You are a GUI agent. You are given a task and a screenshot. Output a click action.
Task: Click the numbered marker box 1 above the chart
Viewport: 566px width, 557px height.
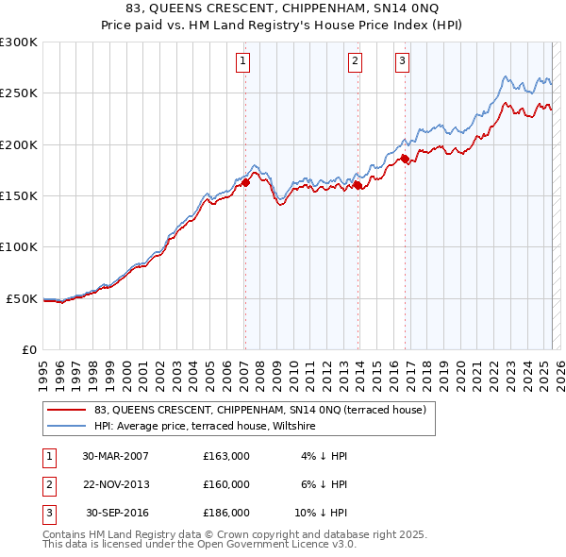coord(242,62)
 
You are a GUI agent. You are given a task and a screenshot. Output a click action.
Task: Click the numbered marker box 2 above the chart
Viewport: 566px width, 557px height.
coord(355,62)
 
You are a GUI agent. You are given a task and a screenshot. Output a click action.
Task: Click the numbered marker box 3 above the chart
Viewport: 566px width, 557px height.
coord(402,62)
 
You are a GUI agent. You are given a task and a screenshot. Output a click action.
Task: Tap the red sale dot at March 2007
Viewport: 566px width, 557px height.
coord(245,182)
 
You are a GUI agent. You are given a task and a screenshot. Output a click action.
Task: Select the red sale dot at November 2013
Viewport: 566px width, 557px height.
coord(358,186)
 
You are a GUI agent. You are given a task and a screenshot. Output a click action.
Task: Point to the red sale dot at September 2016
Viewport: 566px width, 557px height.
coord(406,160)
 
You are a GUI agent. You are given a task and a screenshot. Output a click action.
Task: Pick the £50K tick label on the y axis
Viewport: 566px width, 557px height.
coord(22,298)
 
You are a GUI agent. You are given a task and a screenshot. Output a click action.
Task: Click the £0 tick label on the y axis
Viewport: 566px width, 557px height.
coord(28,349)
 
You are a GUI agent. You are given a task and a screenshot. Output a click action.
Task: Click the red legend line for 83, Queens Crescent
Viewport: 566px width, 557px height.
coord(66,411)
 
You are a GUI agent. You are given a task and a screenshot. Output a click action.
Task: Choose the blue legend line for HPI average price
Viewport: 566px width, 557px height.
coord(66,427)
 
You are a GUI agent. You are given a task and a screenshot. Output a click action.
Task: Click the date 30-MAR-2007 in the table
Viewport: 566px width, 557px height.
coord(115,455)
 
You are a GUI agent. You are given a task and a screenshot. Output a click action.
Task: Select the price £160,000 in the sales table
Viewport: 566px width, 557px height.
coord(226,484)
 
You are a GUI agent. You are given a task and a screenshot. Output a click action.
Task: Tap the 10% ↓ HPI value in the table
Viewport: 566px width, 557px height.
coord(320,513)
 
